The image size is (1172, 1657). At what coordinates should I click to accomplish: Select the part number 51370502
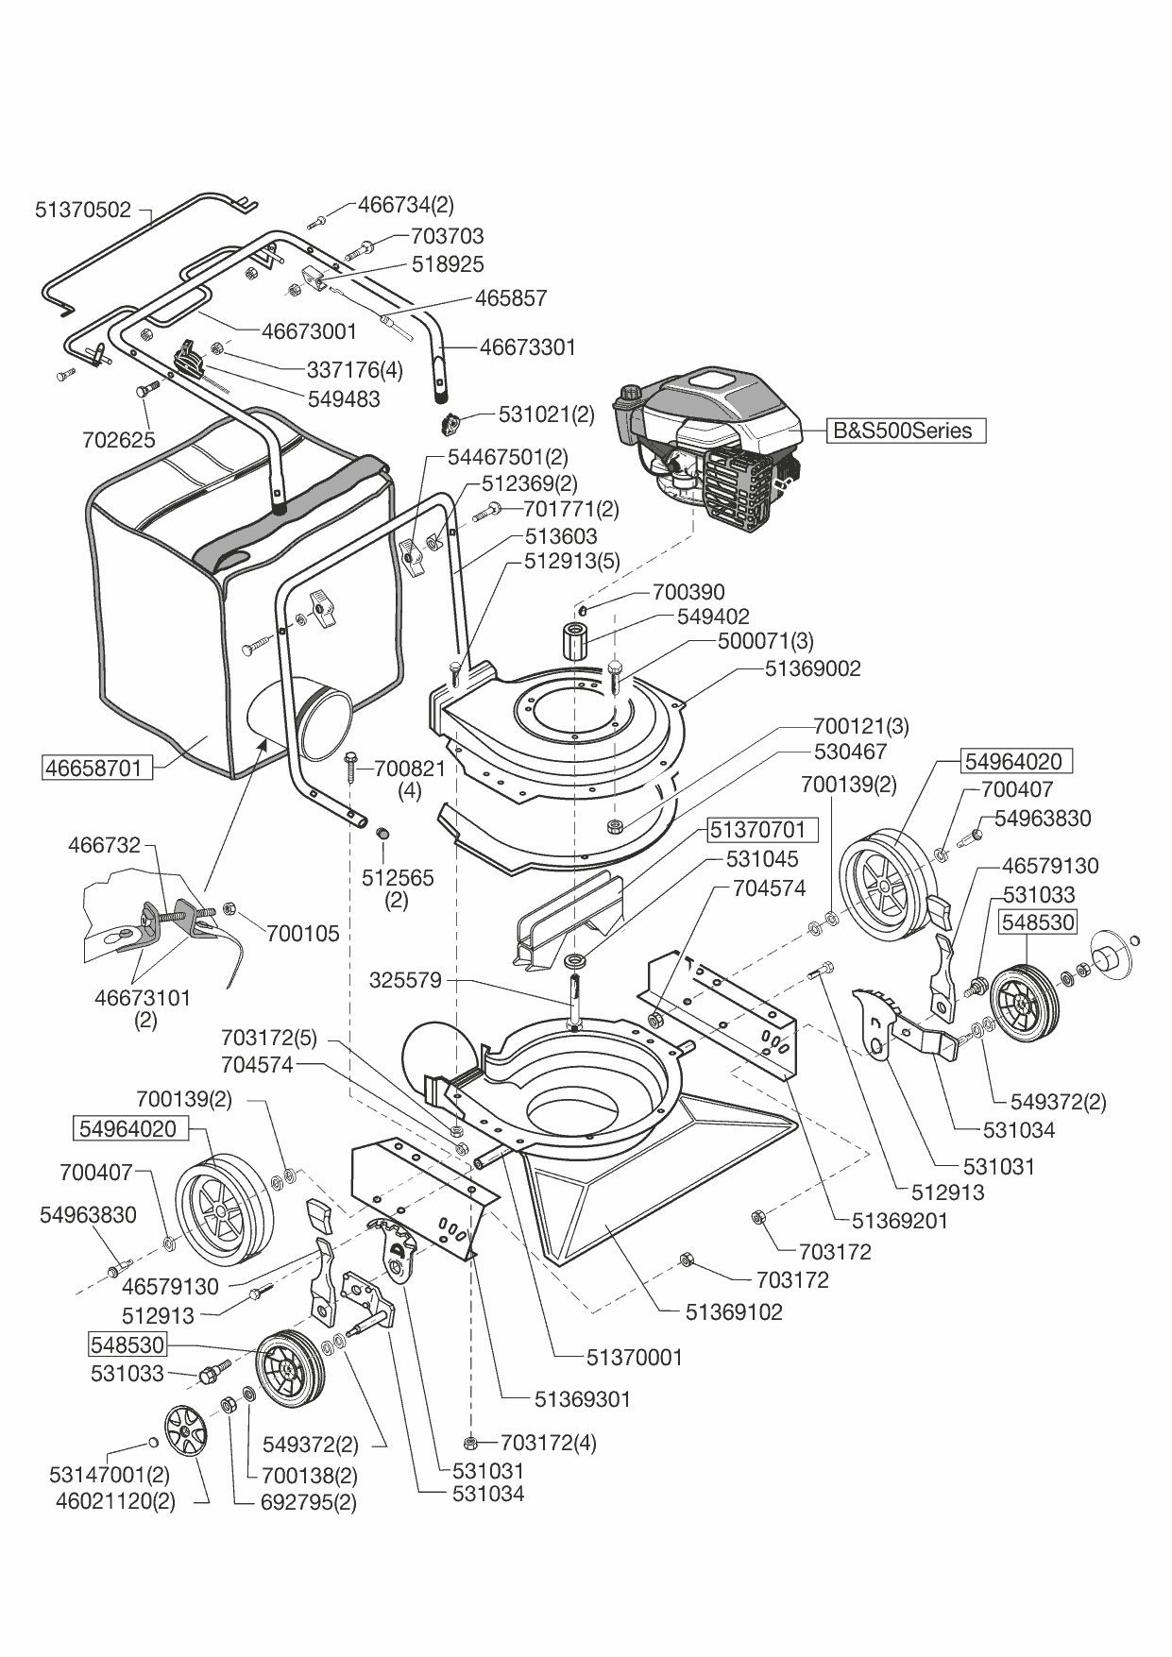(83, 210)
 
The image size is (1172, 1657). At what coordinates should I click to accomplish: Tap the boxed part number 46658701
(97, 768)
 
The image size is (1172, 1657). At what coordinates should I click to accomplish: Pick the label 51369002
(812, 668)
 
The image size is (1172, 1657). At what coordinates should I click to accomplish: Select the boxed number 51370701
(757, 830)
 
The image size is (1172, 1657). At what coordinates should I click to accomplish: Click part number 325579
(405, 980)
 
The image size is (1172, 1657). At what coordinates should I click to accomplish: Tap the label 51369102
(734, 1311)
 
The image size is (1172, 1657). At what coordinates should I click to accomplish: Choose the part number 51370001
(634, 1357)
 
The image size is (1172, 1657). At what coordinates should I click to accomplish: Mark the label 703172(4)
(548, 1442)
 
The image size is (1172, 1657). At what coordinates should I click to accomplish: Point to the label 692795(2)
(308, 1501)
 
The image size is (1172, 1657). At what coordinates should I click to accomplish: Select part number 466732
(104, 845)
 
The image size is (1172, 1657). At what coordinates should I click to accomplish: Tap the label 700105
(302, 934)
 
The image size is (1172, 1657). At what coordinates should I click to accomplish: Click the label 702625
(117, 440)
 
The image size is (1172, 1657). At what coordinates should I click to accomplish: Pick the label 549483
(344, 399)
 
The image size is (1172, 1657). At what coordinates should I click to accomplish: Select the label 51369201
(899, 1220)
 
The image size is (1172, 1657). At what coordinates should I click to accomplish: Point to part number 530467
(850, 752)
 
